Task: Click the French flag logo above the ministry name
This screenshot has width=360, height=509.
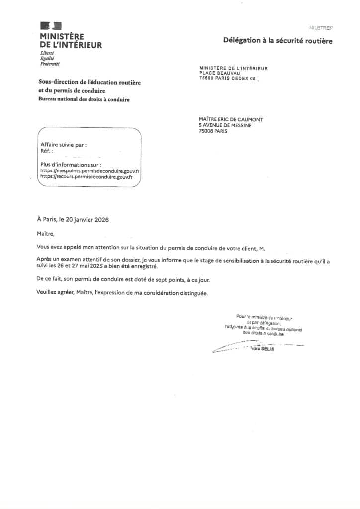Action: (51, 26)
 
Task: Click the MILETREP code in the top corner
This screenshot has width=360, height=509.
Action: (321, 28)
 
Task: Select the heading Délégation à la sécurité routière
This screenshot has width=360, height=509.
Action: (277, 41)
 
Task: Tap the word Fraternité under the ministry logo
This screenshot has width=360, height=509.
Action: (50, 64)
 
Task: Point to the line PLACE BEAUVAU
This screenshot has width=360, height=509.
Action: (217, 73)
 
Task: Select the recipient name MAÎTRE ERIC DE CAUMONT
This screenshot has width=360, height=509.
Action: (231, 120)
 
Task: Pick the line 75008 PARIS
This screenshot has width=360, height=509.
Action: (213, 131)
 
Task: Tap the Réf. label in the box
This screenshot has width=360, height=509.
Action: (46, 151)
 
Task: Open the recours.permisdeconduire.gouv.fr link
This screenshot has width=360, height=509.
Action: (86, 176)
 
